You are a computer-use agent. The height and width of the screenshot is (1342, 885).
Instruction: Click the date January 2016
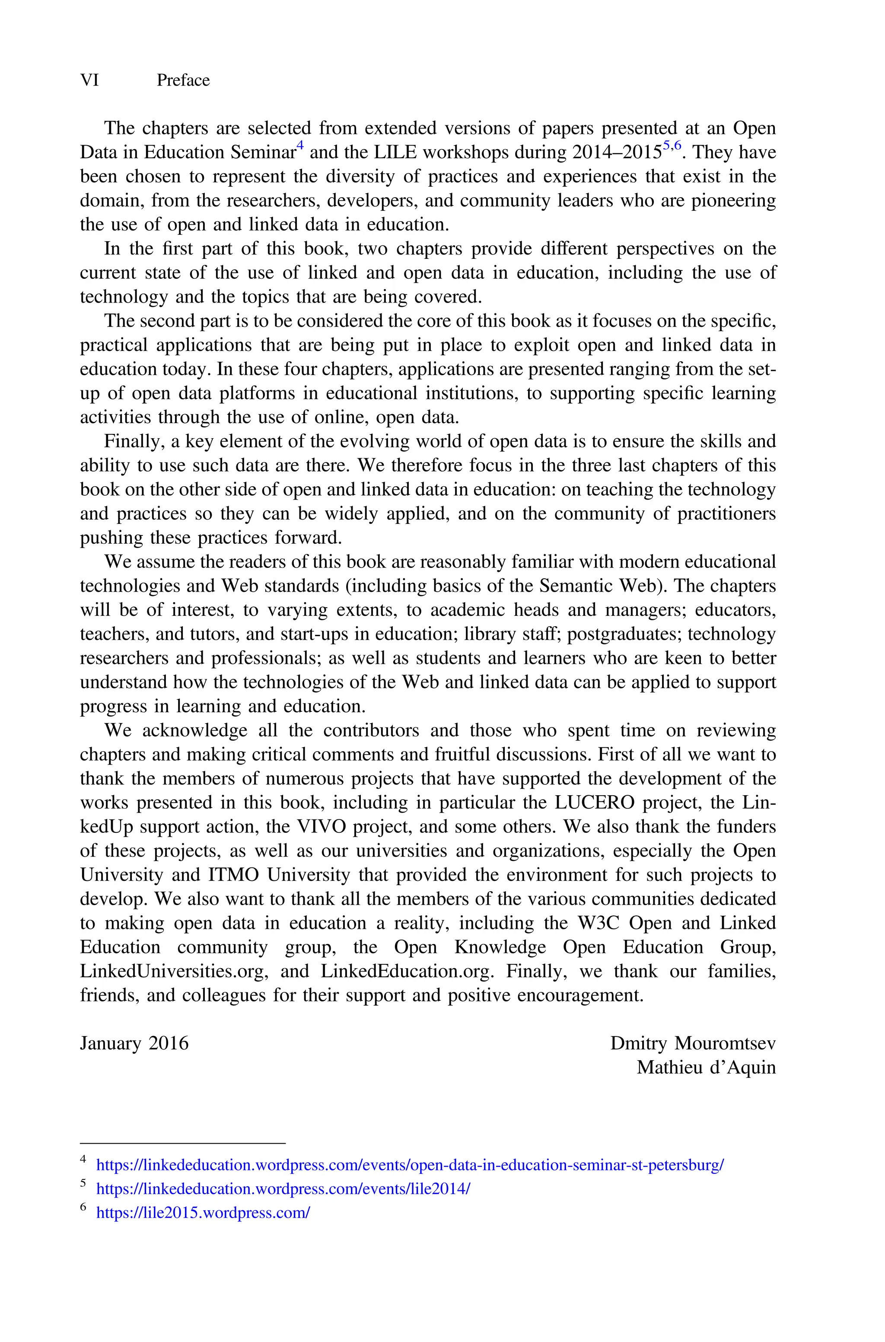pos(134,1043)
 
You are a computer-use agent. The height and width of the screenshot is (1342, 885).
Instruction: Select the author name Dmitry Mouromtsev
pos(693,1043)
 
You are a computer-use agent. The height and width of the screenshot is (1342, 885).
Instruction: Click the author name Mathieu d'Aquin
pos(706,1068)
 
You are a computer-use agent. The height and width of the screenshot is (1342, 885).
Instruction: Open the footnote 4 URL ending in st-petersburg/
pos(410,1165)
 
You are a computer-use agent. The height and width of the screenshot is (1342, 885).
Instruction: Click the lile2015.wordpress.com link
pos(203,1213)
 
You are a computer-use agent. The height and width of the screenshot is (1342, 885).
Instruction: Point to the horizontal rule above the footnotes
pos(183,1143)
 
